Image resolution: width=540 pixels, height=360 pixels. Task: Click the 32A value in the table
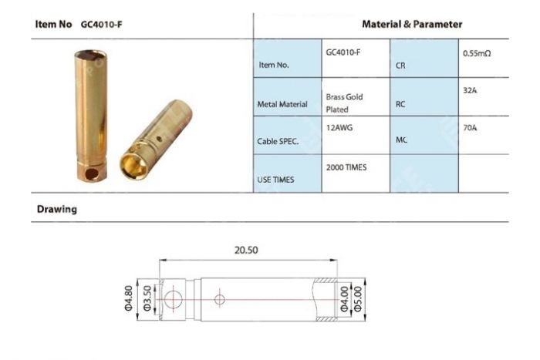pyautogui.click(x=468, y=90)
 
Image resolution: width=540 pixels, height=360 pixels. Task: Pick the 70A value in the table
pyautogui.click(x=468, y=128)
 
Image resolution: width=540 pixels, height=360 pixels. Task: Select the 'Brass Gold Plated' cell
pyautogui.click(x=344, y=103)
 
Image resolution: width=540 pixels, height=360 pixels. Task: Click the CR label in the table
pyautogui.click(x=401, y=66)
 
